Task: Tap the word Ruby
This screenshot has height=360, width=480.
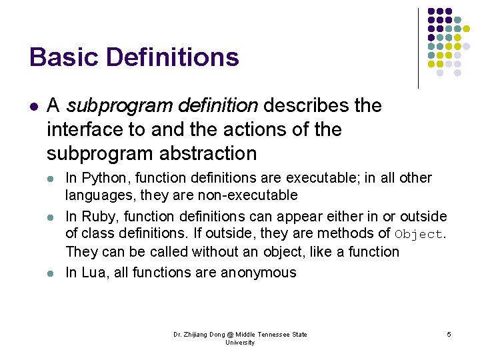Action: click(x=98, y=217)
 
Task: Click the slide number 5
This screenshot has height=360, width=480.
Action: click(x=449, y=334)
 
